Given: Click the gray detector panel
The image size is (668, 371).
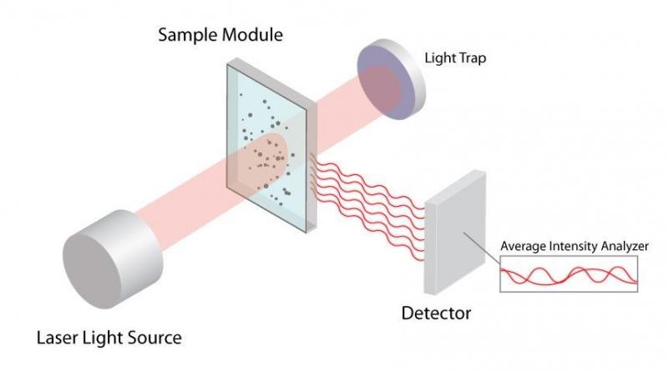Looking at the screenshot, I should (x=453, y=237).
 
